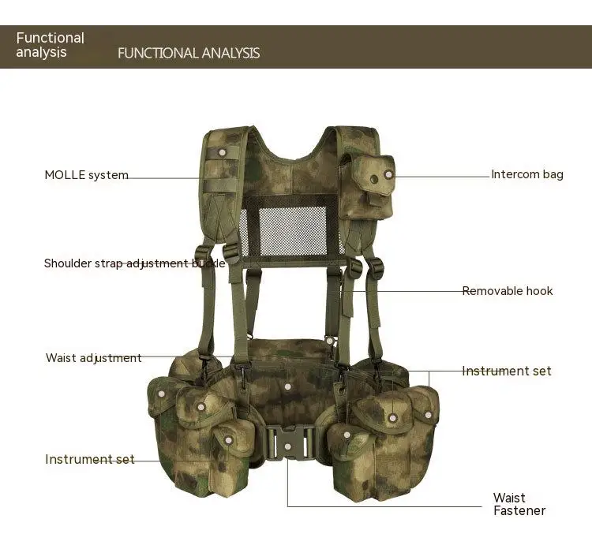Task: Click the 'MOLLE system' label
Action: [x=86, y=175]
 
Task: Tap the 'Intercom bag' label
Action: [x=527, y=174]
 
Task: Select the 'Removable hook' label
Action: [x=508, y=291]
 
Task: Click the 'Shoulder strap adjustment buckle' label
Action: [x=134, y=263]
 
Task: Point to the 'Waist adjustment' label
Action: [x=94, y=358]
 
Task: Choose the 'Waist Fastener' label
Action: [x=519, y=504]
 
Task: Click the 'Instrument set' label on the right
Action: [x=507, y=371]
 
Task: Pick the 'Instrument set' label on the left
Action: [x=90, y=459]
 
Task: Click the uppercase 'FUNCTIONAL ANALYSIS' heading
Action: [x=189, y=53]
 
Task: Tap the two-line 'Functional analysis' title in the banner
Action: [x=51, y=45]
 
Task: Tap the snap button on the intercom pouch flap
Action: [x=388, y=175]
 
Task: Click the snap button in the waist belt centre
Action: [x=288, y=386]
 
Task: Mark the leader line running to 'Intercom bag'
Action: [x=442, y=175]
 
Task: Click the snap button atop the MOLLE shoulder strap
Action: [x=223, y=151]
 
